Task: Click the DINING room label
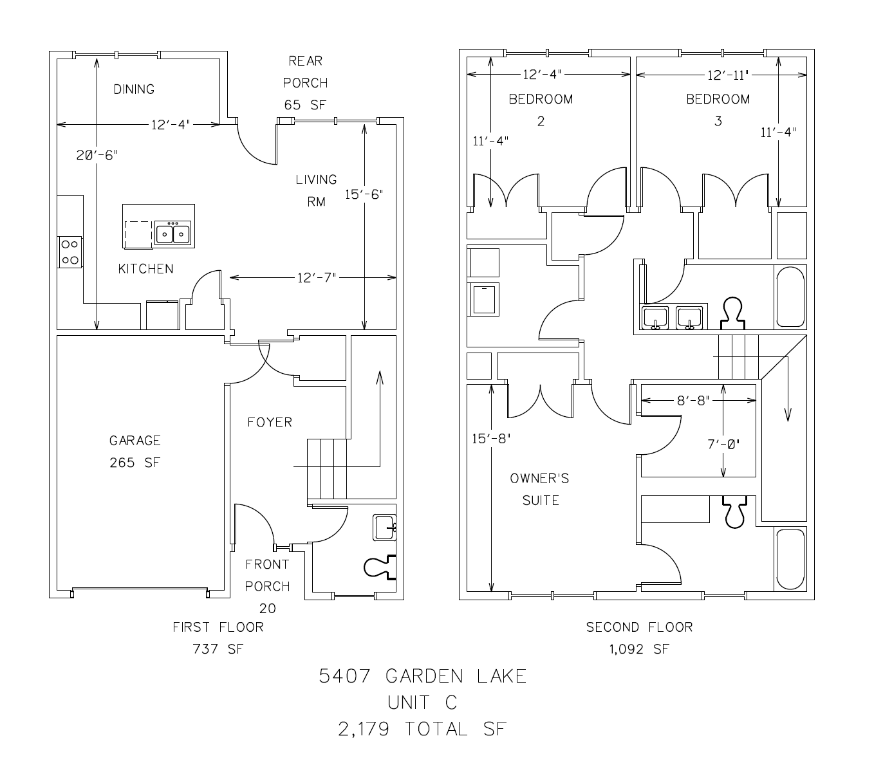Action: pyautogui.click(x=134, y=89)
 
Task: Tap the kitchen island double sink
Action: pyautogui.click(x=173, y=233)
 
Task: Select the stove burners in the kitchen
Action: pyautogui.click(x=70, y=252)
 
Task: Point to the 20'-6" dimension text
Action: pyautogui.click(x=97, y=155)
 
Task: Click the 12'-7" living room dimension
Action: pyautogui.click(x=316, y=278)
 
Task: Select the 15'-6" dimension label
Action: pyautogui.click(x=364, y=194)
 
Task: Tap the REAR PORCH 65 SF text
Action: pyautogui.click(x=305, y=83)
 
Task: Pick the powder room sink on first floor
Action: pyautogui.click(x=384, y=528)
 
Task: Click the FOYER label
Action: pyautogui.click(x=270, y=422)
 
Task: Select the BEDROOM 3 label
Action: pyautogui.click(x=718, y=109)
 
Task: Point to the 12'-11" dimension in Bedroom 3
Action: pyautogui.click(x=729, y=75)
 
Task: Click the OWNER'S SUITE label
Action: pyautogui.click(x=539, y=489)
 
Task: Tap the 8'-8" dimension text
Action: pyautogui.click(x=693, y=401)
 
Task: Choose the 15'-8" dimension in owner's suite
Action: pyautogui.click(x=491, y=439)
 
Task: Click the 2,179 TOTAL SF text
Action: pyautogui.click(x=423, y=729)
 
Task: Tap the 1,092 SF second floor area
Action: pyautogui.click(x=639, y=649)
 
